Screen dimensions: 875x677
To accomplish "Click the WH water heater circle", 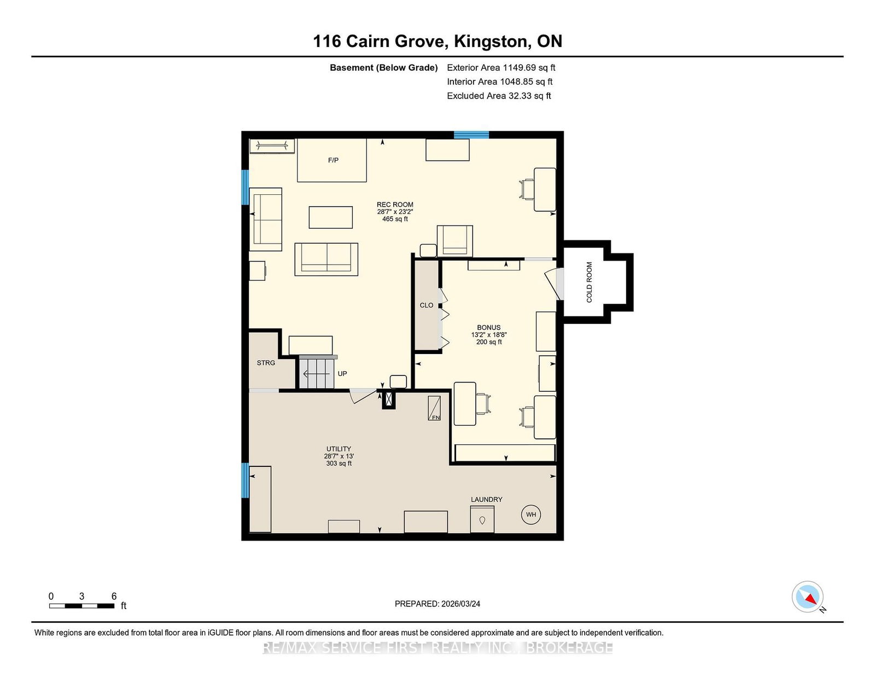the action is click(x=530, y=514).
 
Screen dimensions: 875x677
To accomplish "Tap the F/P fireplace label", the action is click(x=333, y=160).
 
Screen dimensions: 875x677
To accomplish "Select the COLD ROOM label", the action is click(x=589, y=282).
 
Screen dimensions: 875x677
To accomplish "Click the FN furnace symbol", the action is click(x=434, y=408).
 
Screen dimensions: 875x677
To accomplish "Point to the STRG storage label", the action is click(x=266, y=363).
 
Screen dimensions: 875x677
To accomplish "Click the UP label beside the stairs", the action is click(x=342, y=374).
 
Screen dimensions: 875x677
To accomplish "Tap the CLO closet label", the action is click(x=427, y=305).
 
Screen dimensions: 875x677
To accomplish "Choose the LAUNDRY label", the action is click(x=486, y=499).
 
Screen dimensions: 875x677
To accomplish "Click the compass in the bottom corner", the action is click(x=807, y=597).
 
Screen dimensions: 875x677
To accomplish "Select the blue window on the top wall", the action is click(x=471, y=135).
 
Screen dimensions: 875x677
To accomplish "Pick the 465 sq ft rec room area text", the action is click(x=395, y=219).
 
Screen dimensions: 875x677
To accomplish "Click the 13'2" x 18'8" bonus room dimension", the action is click(x=489, y=334).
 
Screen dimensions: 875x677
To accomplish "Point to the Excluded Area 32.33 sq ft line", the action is click(x=499, y=96).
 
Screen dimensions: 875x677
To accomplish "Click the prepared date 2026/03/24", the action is click(x=460, y=604).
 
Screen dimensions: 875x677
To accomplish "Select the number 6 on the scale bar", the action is click(x=114, y=596).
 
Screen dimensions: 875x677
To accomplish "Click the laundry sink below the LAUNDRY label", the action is click(x=482, y=519).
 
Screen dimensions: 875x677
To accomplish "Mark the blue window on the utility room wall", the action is click(x=245, y=480).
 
